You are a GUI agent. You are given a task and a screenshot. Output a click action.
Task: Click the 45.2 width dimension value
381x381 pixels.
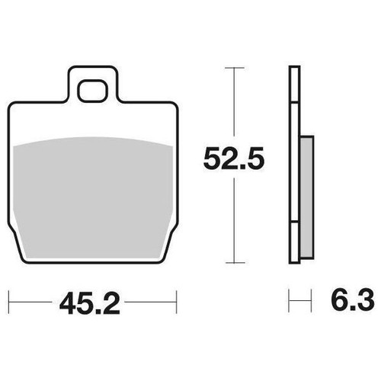pos(89,303)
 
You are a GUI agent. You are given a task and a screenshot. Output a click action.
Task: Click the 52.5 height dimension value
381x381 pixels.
pos(234,159)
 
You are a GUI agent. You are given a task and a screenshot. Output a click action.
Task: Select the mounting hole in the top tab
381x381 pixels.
pos(92,91)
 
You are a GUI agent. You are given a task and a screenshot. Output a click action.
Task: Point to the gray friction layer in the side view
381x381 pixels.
pos(307,197)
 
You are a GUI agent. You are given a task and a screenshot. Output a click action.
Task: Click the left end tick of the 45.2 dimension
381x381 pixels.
pos(9,303)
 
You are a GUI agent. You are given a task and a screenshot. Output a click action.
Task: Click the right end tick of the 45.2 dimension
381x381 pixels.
pos(176,303)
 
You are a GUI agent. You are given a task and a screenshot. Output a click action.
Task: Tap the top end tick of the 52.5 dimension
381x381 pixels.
pos(235,68)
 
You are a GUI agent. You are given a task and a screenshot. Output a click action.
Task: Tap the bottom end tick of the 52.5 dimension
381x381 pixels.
pos(235,263)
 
